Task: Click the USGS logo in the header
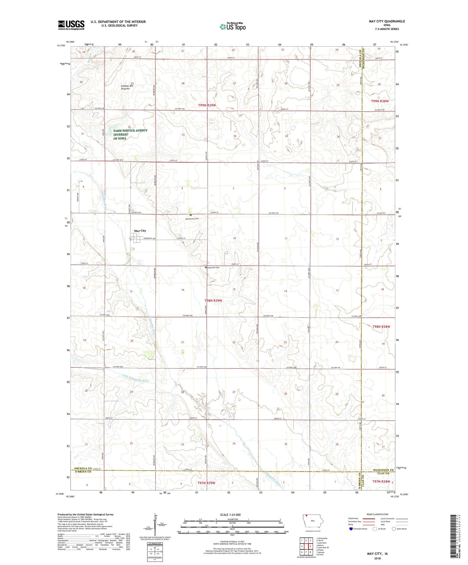(71, 25)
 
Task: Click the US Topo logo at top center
(233, 26)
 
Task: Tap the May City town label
(140, 231)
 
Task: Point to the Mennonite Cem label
(192, 218)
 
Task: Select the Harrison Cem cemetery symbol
(206, 267)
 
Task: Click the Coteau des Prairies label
(127, 87)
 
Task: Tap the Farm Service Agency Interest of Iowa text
(130, 134)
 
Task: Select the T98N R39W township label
(213, 300)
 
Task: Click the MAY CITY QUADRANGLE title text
(387, 21)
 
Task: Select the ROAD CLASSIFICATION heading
(378, 514)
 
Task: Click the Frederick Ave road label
(149, 239)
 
